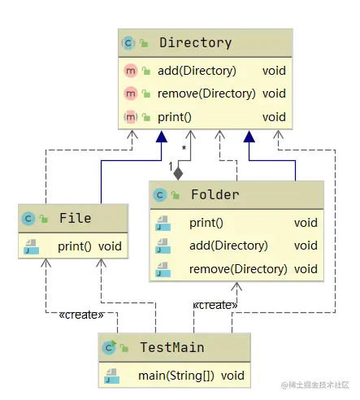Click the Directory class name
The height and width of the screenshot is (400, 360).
coord(195,42)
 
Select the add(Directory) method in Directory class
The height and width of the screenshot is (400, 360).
coord(197,71)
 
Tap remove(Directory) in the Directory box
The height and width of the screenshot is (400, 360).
coord(206,93)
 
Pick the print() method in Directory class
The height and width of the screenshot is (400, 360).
coord(175,117)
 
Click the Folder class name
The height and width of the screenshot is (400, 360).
coord(215,195)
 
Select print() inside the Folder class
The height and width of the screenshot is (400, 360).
coord(206,223)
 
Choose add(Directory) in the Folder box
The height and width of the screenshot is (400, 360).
coord(228,246)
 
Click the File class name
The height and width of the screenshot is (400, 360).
coord(75,218)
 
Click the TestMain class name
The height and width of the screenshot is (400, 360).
coord(171,348)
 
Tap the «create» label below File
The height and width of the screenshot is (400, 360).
coord(82,315)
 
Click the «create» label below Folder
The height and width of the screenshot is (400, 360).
coord(215,305)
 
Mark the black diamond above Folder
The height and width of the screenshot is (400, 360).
coord(179,172)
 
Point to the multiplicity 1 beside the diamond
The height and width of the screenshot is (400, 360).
coord(171,167)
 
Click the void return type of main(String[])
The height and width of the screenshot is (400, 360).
coord(232,376)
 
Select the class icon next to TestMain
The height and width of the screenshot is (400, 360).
coord(108,348)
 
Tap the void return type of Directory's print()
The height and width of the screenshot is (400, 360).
coord(274,117)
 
